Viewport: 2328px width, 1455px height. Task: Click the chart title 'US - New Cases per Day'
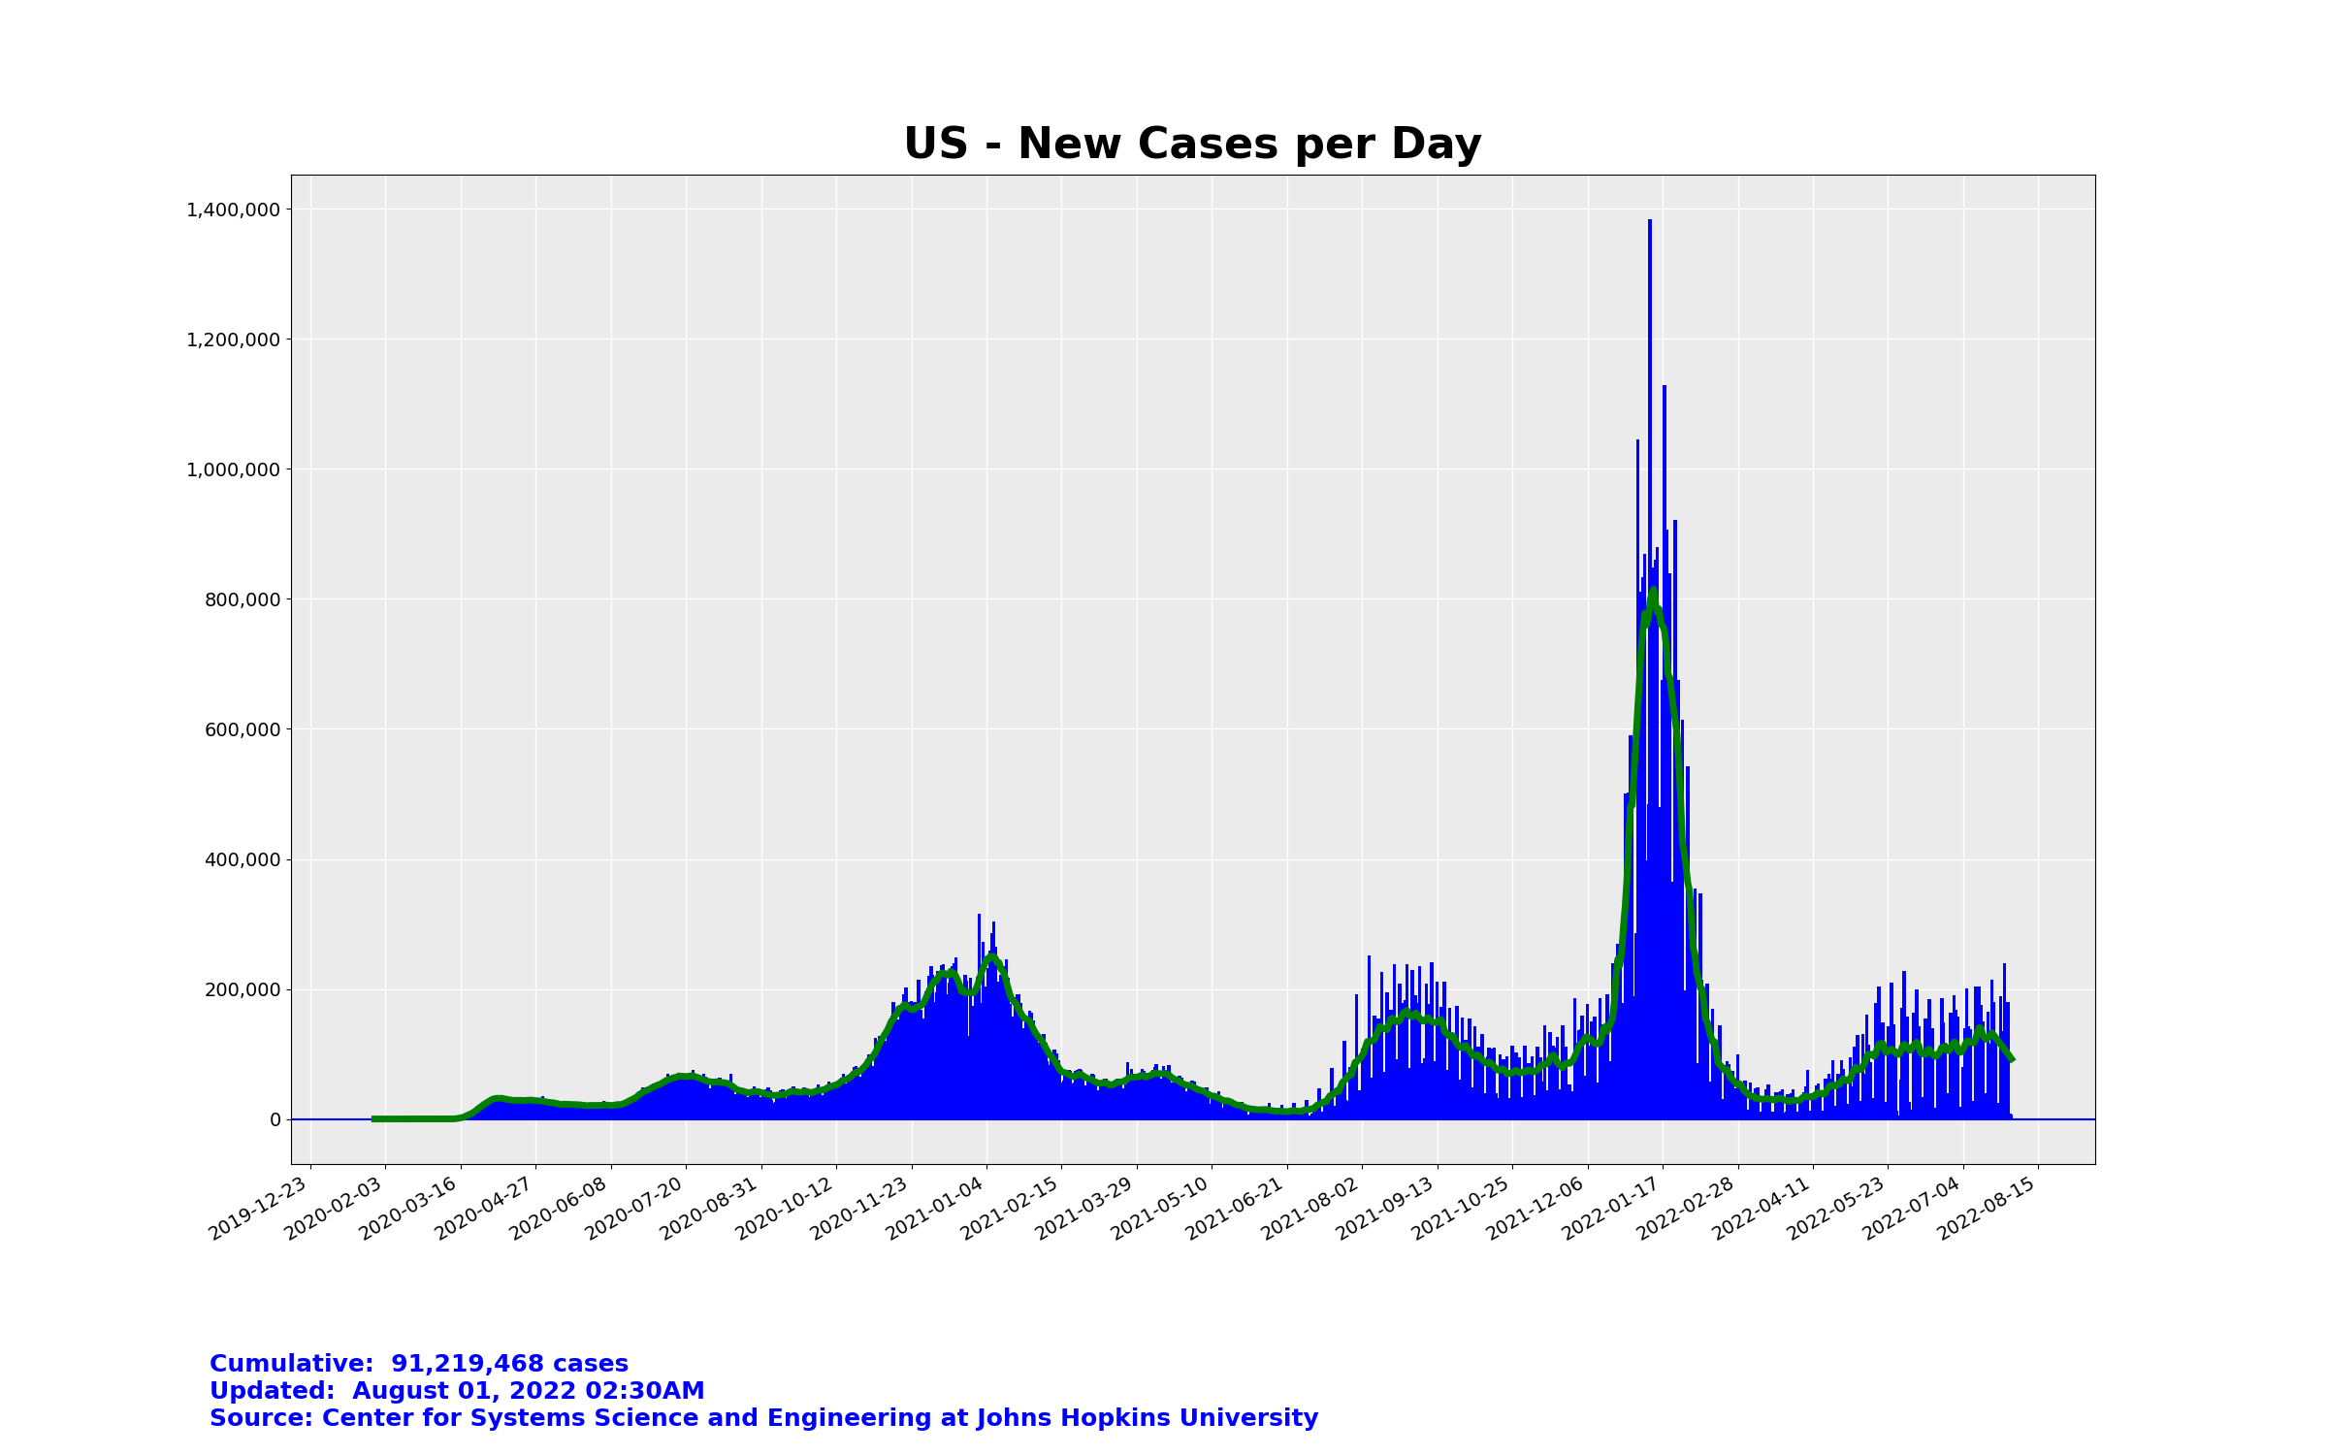coord(1192,145)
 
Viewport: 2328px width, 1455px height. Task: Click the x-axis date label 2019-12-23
coord(260,1207)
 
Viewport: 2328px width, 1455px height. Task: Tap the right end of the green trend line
coord(2012,1058)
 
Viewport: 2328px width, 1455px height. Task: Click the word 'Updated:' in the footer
coord(275,1391)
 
